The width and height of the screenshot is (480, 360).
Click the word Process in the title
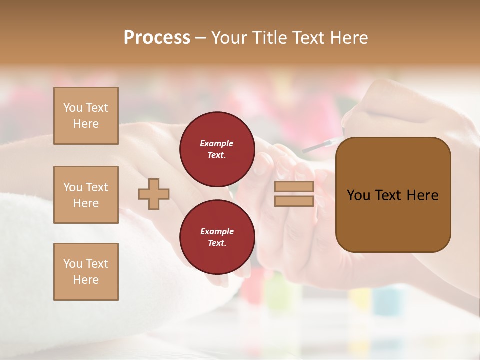click(x=157, y=38)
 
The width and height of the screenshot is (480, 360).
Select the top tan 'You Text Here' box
click(x=86, y=116)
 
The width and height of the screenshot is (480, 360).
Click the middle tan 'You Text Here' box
click(x=86, y=195)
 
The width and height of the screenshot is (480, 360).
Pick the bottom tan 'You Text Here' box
click(x=86, y=272)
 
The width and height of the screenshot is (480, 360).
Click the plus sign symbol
click(x=154, y=194)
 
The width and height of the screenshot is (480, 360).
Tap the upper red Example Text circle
click(x=217, y=149)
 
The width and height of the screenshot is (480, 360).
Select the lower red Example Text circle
click(x=217, y=237)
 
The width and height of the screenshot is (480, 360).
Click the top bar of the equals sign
click(x=294, y=187)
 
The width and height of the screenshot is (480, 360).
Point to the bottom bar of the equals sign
click(x=294, y=201)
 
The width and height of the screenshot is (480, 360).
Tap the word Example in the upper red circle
click(x=217, y=143)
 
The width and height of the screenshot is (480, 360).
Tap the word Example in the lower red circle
click(x=217, y=231)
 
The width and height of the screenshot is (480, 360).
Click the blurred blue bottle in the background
click(x=386, y=300)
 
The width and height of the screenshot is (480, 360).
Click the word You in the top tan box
click(x=72, y=108)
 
